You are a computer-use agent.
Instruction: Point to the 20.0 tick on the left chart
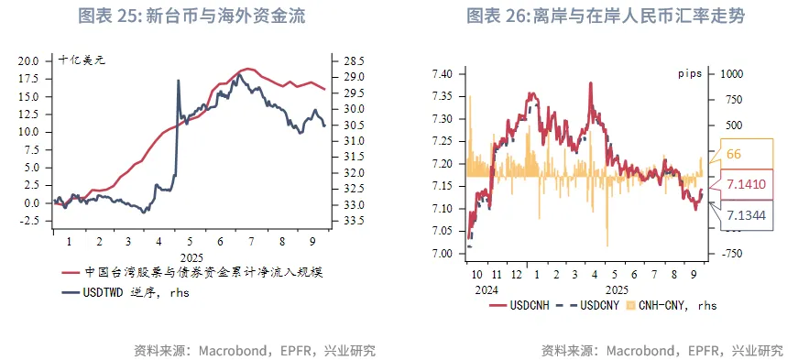(x=28, y=60)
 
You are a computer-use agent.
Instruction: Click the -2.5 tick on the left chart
(x=28, y=221)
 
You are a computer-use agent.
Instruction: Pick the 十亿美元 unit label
(x=82, y=60)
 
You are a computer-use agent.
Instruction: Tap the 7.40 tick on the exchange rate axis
(x=443, y=73)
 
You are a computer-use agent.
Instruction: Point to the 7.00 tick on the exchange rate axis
(x=443, y=254)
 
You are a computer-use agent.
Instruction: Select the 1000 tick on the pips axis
(x=734, y=73)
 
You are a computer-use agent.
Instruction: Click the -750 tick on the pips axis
(x=734, y=254)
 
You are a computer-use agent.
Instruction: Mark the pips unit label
(x=690, y=71)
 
